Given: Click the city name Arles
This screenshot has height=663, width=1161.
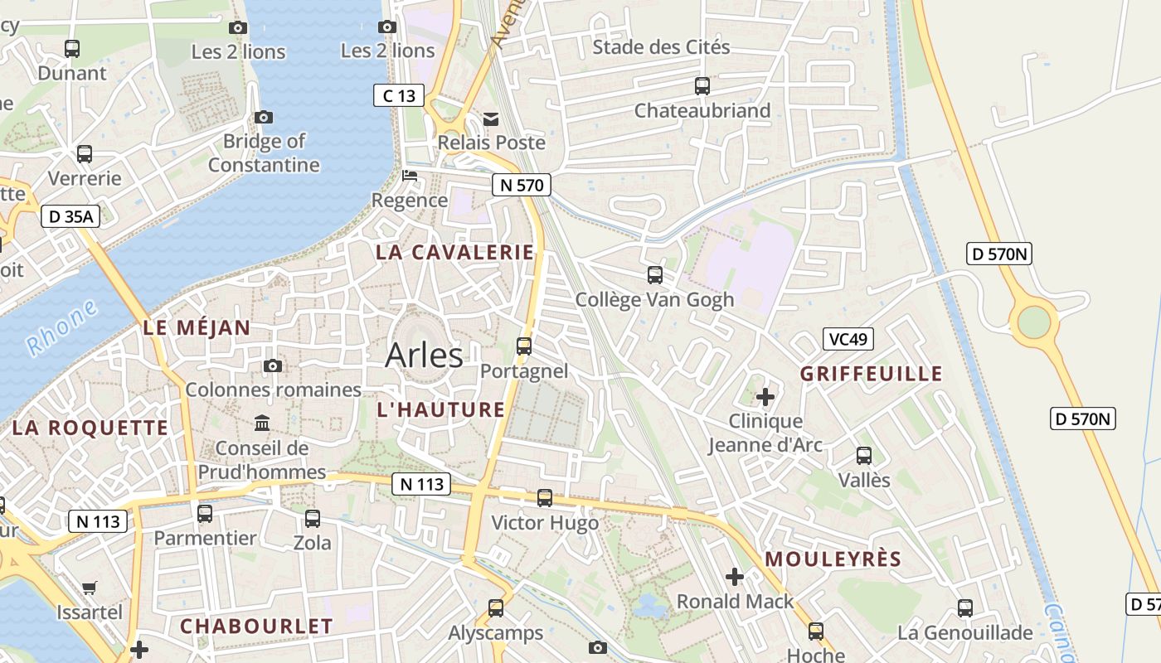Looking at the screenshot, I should [424, 356].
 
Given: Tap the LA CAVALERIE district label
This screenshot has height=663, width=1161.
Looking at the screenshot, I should [455, 253].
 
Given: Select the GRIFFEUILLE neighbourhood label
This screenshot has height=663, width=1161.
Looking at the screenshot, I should [871, 374].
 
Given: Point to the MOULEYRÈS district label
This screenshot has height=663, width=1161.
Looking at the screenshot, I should [833, 559].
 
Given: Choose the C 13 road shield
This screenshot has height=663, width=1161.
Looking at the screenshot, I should [398, 95].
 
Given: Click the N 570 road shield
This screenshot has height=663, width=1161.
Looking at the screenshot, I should [521, 185].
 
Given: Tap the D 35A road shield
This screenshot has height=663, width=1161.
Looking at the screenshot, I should [70, 217].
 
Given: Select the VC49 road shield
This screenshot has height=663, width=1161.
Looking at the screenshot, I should [848, 338].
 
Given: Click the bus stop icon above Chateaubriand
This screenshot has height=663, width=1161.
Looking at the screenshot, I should [702, 86].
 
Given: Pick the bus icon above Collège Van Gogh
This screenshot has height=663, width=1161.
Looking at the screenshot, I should [655, 275].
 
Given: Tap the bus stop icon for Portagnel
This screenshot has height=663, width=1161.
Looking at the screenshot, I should [524, 346].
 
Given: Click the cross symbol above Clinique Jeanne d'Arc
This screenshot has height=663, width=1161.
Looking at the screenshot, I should [765, 397].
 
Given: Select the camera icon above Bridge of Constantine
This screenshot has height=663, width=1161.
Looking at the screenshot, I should [264, 118].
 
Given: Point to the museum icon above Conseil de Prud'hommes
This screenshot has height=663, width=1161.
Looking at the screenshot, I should [262, 423].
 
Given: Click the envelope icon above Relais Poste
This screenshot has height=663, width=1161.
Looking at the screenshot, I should [492, 119].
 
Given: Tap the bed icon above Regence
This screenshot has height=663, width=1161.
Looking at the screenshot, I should [410, 176].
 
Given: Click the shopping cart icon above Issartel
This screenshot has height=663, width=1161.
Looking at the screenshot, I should [90, 588].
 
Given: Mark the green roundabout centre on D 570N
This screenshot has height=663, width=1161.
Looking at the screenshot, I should [1033, 322].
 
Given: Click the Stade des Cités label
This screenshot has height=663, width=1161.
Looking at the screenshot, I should [661, 47].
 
